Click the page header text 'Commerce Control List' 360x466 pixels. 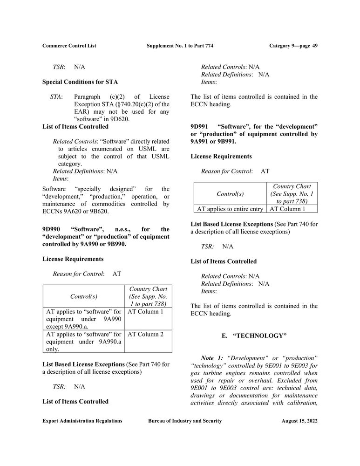(69, 46)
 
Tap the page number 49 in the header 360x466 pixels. (315, 46)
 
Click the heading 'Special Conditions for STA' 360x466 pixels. (80, 82)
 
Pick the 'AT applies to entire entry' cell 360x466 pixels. (230, 209)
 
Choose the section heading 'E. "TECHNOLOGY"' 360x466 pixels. (254, 336)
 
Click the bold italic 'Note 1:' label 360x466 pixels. (212, 357)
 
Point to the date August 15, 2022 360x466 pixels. (299, 421)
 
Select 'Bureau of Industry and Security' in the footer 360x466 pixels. (185, 421)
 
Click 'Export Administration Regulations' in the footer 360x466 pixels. (82, 421)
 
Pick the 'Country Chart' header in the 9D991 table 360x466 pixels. (292, 186)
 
